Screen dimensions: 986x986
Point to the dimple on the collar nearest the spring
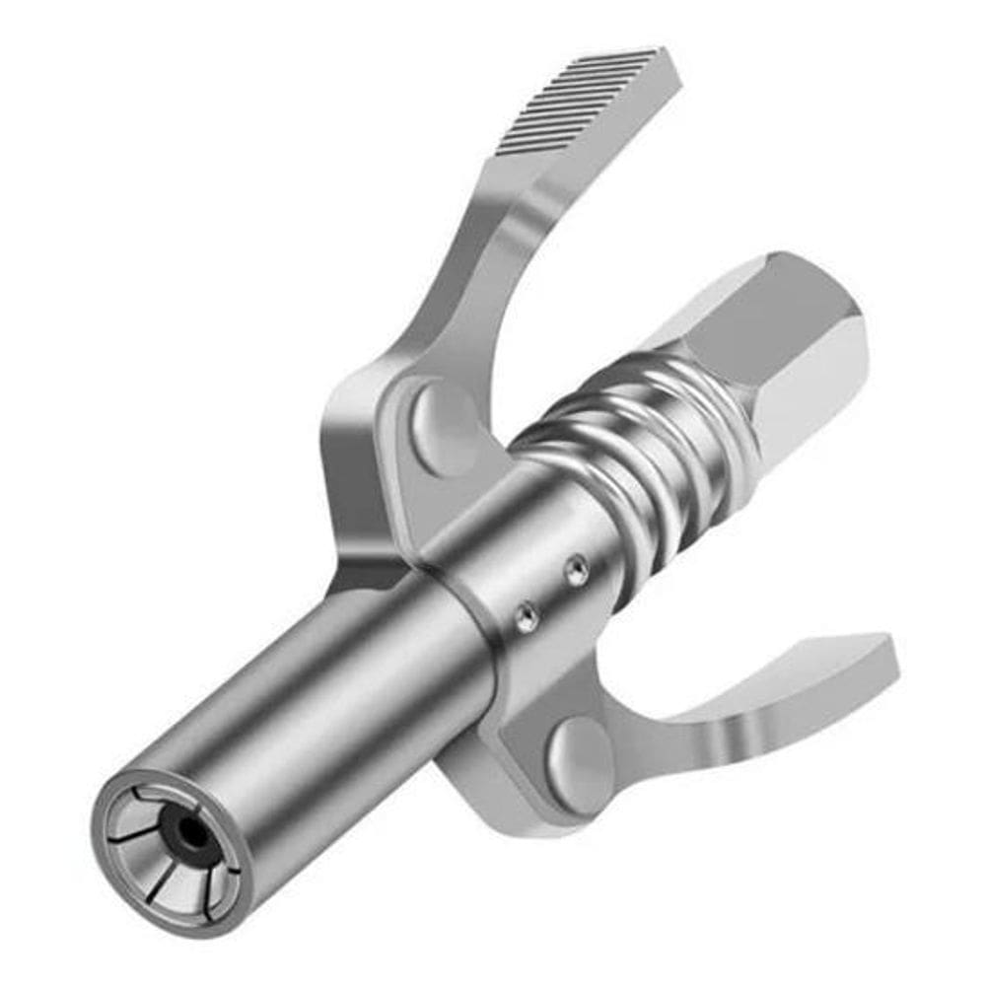[x=577, y=569]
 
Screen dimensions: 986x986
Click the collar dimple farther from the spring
[x=528, y=617]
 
